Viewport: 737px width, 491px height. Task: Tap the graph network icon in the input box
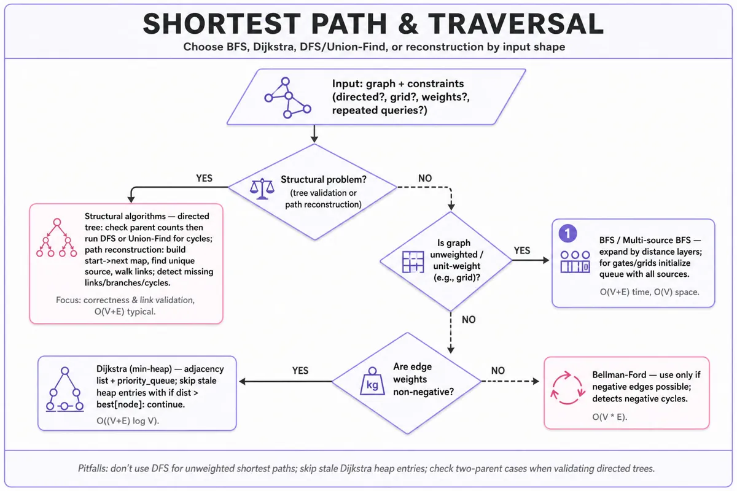point(287,98)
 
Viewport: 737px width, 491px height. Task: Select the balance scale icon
point(262,189)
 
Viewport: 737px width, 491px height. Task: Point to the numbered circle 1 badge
point(567,233)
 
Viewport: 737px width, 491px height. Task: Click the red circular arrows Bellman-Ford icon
point(567,388)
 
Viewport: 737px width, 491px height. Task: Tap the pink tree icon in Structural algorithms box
point(57,238)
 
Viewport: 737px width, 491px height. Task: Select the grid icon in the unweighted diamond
point(413,262)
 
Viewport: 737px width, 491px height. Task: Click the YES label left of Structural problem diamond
point(204,178)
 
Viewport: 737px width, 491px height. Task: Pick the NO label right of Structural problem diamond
point(425,178)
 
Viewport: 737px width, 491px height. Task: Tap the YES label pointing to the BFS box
point(522,250)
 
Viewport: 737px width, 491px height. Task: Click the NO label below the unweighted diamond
point(469,320)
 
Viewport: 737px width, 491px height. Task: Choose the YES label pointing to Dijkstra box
point(300,371)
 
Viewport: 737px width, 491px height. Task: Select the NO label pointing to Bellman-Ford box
point(498,371)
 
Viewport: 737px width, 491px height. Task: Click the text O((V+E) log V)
point(128,420)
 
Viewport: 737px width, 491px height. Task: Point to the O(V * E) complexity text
point(610,417)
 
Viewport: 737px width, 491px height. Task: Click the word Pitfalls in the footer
point(93,468)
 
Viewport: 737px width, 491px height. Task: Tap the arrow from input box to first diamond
point(314,134)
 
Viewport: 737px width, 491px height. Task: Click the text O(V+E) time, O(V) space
point(650,292)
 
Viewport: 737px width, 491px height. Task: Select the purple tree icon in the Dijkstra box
point(65,389)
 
